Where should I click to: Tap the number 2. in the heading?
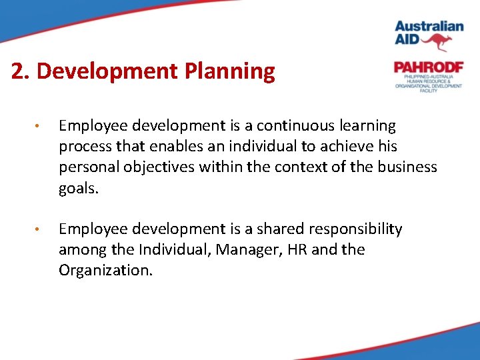click(21, 71)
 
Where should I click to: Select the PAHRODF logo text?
click(428, 67)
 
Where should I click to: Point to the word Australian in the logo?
click(429, 27)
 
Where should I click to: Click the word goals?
click(78, 189)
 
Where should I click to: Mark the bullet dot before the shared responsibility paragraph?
click(41, 230)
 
